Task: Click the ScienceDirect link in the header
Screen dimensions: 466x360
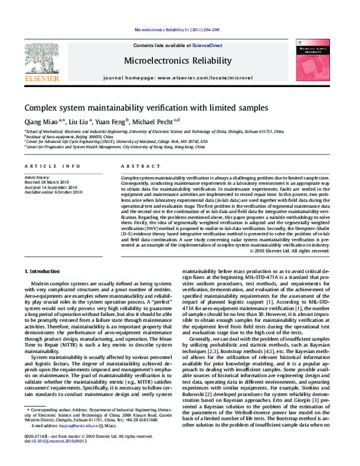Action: [x=206, y=46]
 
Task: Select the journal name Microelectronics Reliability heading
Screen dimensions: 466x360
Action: [x=178, y=61]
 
